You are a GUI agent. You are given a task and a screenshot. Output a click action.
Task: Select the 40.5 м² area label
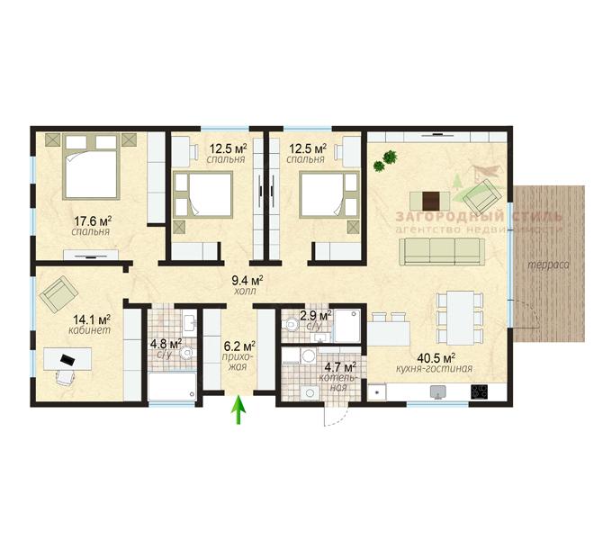tap(436, 357)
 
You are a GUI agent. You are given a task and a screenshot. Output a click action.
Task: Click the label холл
tap(246, 291)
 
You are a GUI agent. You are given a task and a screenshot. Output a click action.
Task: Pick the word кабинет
tap(89, 330)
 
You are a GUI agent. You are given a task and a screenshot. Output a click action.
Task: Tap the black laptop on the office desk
tap(67, 359)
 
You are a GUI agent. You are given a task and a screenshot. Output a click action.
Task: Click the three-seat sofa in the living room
tap(442, 252)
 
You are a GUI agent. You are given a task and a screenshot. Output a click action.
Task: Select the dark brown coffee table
tap(431, 201)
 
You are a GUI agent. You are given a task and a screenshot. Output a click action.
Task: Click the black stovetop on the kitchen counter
tap(480, 391)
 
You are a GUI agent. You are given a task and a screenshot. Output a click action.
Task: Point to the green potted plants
tap(385, 161)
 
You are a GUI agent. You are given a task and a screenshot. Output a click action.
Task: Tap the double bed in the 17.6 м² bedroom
tap(91, 166)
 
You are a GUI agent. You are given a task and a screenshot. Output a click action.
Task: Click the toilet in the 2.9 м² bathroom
tap(292, 324)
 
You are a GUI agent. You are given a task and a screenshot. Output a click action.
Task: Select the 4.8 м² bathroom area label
tap(166, 344)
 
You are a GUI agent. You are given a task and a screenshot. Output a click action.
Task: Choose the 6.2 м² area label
tap(239, 346)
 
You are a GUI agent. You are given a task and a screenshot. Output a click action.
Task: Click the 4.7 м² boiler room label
tap(340, 367)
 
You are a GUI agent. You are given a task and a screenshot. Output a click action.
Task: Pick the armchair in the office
tap(58, 294)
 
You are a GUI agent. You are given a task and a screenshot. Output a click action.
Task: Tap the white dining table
tap(461, 318)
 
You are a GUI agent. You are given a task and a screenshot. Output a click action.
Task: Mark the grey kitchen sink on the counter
tap(438, 391)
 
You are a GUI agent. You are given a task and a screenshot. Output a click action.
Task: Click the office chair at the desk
tap(65, 377)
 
